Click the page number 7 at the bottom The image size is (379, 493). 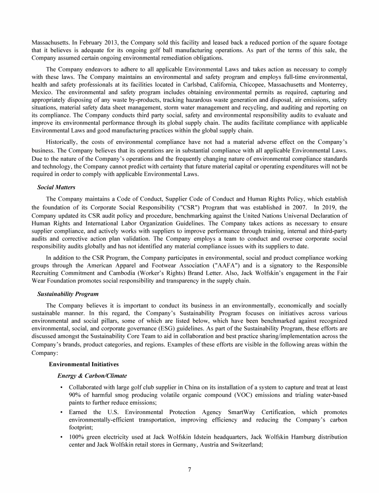point(189,469)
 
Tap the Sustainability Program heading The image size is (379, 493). point(65,294)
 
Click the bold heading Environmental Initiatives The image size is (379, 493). point(84,364)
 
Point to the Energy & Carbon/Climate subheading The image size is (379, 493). point(92,376)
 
